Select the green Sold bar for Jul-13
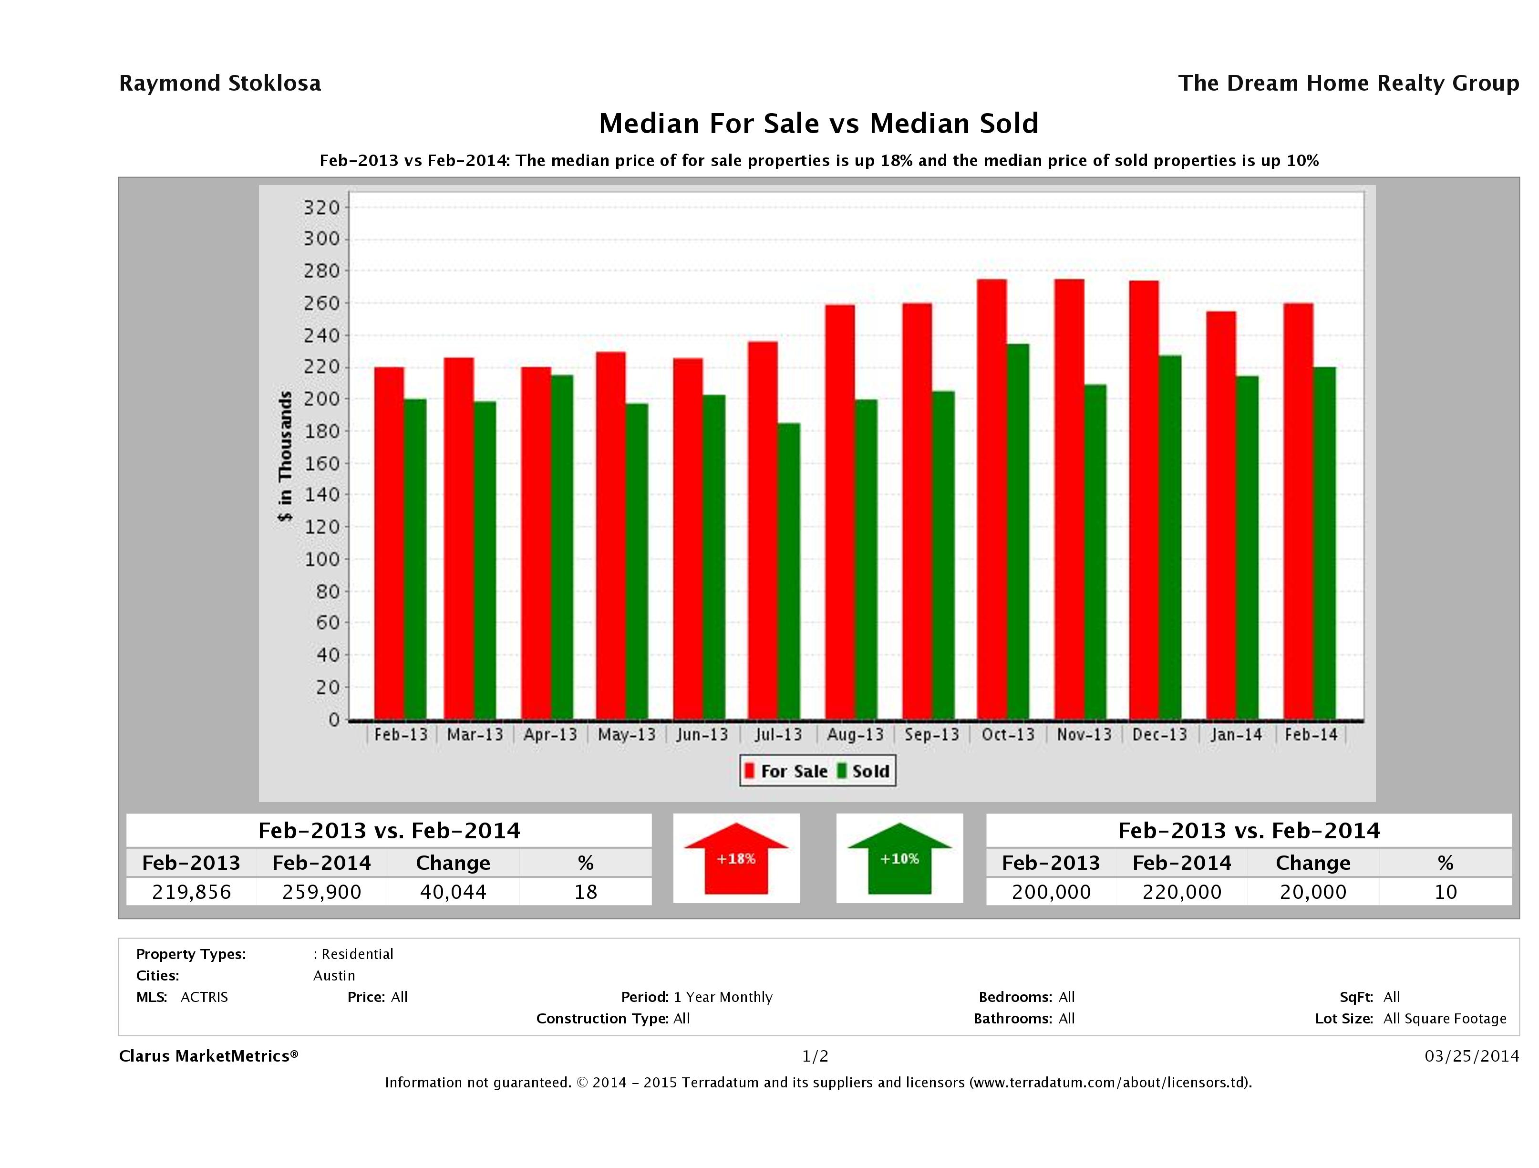[x=788, y=571]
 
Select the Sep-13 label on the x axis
[x=931, y=734]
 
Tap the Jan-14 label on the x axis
[x=1236, y=734]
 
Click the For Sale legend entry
[x=786, y=771]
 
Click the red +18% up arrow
[x=736, y=858]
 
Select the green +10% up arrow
[x=899, y=858]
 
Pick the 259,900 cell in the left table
[x=321, y=892]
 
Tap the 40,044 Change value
[x=453, y=892]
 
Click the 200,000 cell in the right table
[x=1051, y=892]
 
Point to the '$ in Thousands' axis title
[x=285, y=456]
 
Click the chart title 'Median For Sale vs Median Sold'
[x=818, y=124]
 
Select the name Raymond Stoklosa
[x=220, y=83]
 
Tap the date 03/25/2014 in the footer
[x=1471, y=1056]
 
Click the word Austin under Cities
[x=334, y=975]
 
